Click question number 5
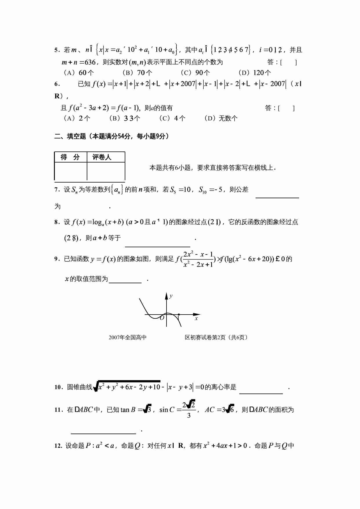(57, 50)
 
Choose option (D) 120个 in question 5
(254, 73)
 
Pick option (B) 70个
(137, 73)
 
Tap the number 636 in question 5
(90, 62)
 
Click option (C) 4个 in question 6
(172, 118)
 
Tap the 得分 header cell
(70, 157)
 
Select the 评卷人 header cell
(102, 157)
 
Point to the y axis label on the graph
(171, 296)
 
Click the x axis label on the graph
(196, 319)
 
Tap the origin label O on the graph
(162, 318)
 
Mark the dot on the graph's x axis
(179, 315)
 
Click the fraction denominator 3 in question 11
(189, 416)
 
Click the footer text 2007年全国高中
(128, 337)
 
